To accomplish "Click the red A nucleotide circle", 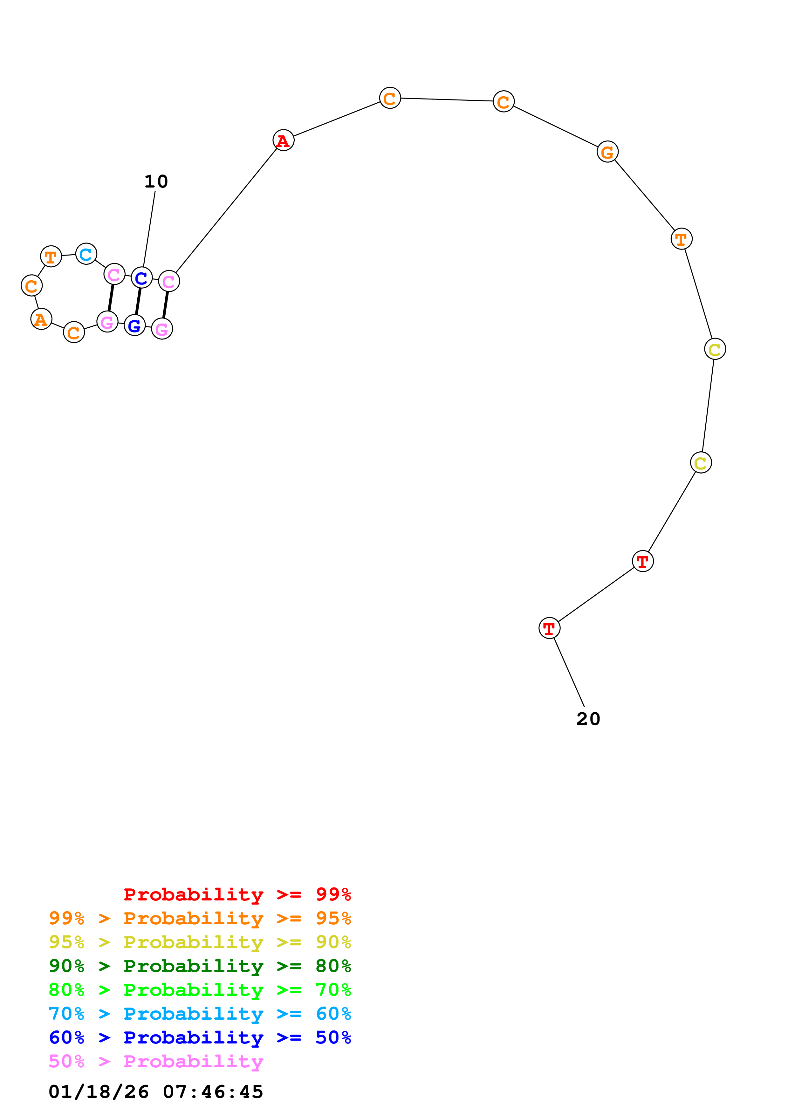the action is tap(283, 140).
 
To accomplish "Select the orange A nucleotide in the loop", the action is tap(41, 319).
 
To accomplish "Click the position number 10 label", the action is tap(156, 181).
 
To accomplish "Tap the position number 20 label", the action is tap(588, 719).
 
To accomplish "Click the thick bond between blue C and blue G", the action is tap(138, 301).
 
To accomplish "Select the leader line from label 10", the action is tap(149, 228).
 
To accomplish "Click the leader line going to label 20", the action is tap(569, 672).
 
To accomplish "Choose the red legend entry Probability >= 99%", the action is tap(237, 894).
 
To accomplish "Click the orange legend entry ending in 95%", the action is tap(200, 918).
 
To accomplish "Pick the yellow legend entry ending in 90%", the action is tap(200, 942).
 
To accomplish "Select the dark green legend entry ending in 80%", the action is tap(200, 966).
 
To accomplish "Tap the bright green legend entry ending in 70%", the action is tap(200, 990).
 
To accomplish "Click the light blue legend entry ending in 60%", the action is tap(200, 1014).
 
